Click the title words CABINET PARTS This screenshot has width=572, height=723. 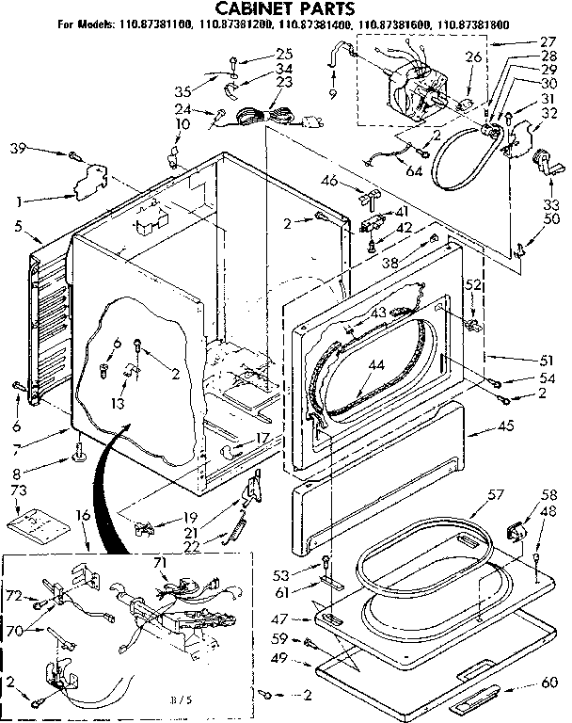284,8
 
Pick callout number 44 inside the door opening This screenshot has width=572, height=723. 377,363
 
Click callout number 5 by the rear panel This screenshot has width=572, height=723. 18,226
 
